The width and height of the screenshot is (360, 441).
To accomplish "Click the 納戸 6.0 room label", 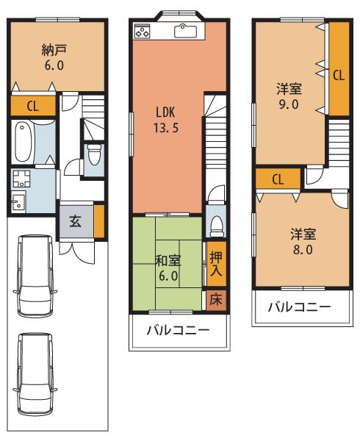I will [x=56, y=57].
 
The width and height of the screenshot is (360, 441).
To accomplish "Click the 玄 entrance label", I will [x=75, y=223].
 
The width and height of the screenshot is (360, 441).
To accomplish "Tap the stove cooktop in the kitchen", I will [x=143, y=31].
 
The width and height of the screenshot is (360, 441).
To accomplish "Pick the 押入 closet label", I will [x=215, y=262].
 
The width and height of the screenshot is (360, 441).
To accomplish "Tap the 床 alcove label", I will [x=215, y=299].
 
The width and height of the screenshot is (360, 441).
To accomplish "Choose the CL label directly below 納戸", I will [x=33, y=106].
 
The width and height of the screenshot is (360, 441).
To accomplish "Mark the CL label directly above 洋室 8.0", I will [x=278, y=179].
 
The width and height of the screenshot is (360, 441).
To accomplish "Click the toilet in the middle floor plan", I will [x=215, y=223].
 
